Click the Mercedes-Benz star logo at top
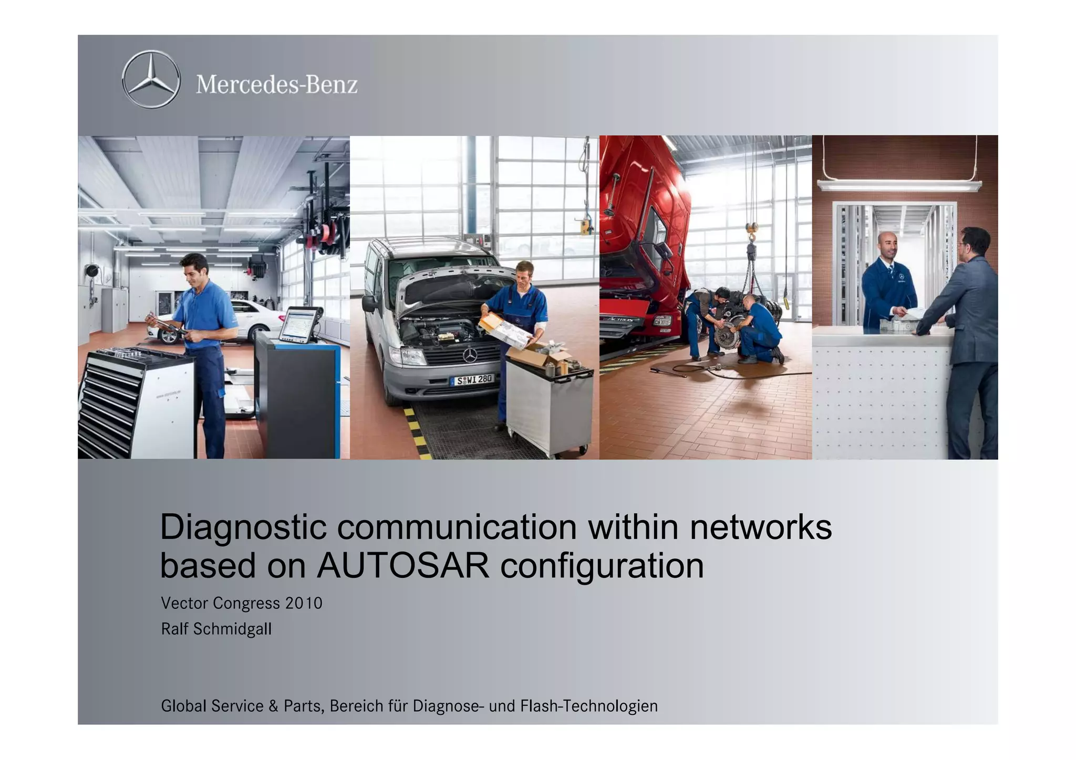click(x=151, y=80)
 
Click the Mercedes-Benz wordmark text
click(x=277, y=85)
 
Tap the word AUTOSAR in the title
click(x=402, y=566)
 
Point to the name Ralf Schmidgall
click(x=216, y=629)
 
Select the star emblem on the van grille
click(x=470, y=356)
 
